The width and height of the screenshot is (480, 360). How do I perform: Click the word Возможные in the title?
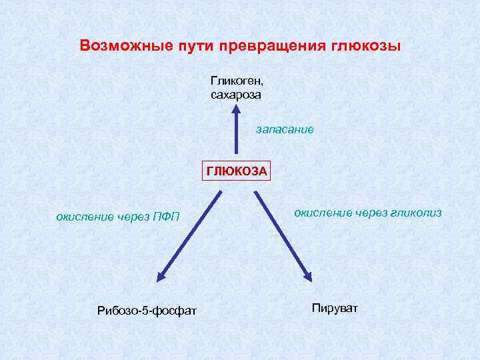coord(122,47)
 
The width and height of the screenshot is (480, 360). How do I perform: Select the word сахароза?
coord(235,95)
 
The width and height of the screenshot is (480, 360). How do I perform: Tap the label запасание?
coord(285,129)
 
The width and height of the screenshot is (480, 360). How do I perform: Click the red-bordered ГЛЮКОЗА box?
coord(237,171)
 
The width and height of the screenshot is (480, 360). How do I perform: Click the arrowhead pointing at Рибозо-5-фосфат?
coord(161,275)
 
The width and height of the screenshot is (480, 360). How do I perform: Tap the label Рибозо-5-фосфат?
coord(147,310)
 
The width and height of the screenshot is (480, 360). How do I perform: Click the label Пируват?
coord(335,308)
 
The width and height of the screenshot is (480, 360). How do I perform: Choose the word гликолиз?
coord(418,213)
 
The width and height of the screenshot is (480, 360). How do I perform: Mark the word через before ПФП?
coord(133,216)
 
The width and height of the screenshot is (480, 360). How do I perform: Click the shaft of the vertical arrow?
coord(235,137)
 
